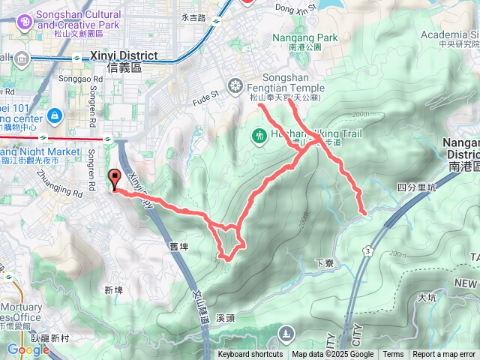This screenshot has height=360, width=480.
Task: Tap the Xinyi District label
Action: pyautogui.click(x=123, y=55)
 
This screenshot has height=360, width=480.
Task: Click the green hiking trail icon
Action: pyautogui.click(x=259, y=136)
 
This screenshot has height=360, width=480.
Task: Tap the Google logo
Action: pyautogui.click(x=28, y=349)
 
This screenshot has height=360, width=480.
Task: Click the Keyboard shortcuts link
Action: pyautogui.click(x=250, y=355)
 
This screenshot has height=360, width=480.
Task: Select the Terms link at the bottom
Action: pyautogui.click(x=393, y=355)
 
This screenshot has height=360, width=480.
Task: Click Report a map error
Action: pyautogui.click(x=445, y=355)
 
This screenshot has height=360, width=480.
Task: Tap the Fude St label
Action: pyautogui.click(x=204, y=94)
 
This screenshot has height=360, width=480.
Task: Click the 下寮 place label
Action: pyautogui.click(x=324, y=263)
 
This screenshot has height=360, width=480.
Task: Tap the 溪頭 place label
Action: pyautogui.click(x=225, y=317)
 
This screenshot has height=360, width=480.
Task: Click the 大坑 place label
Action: pyautogui.click(x=426, y=298)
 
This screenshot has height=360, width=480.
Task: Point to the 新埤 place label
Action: pyautogui.click(x=113, y=289)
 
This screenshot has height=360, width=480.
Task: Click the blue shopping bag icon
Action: pyautogui.click(x=54, y=116)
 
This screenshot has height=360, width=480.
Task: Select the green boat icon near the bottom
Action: pyautogui.click(x=286, y=333)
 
